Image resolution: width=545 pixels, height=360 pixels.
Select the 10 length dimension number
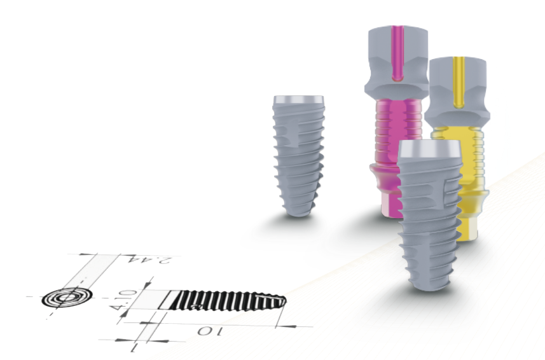[x=210, y=331]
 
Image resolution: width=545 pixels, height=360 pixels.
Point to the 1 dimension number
[x=134, y=347]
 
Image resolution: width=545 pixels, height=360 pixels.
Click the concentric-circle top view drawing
[x=67, y=298]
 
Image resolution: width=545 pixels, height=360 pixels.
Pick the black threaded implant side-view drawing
[x=223, y=300]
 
